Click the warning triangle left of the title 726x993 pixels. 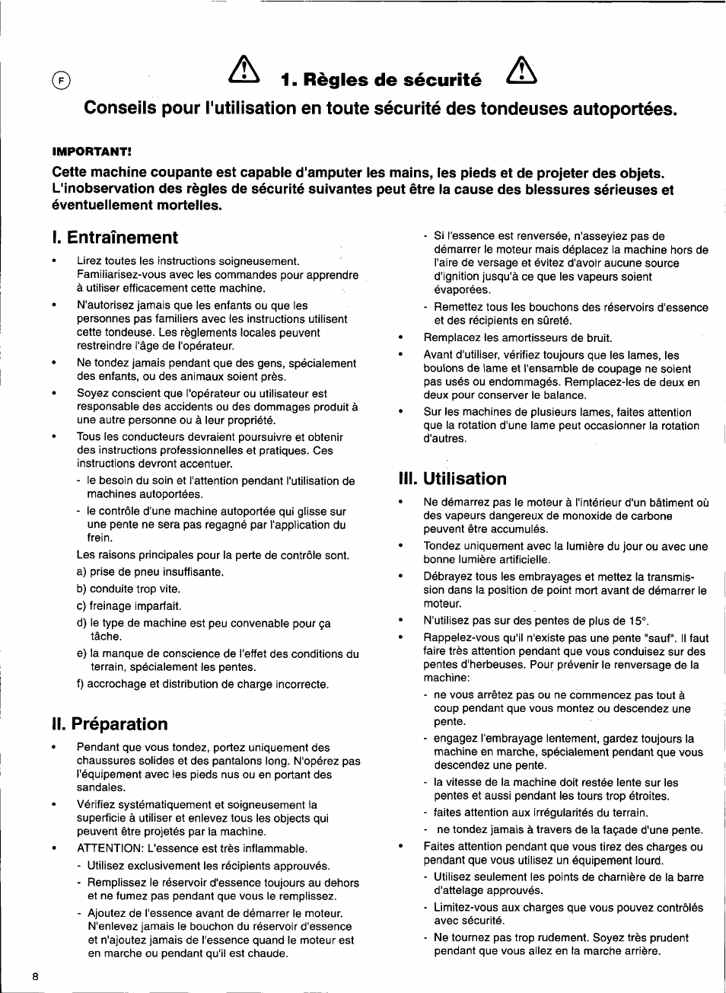244,72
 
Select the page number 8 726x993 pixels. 36,977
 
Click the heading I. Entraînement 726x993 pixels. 115,238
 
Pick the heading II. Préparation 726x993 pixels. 110,724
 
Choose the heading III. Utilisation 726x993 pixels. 452,479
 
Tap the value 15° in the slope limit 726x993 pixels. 638,621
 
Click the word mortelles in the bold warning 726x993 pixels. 189,206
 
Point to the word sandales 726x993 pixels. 100,787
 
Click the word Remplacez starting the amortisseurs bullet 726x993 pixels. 452,337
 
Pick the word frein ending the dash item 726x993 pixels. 99,538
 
